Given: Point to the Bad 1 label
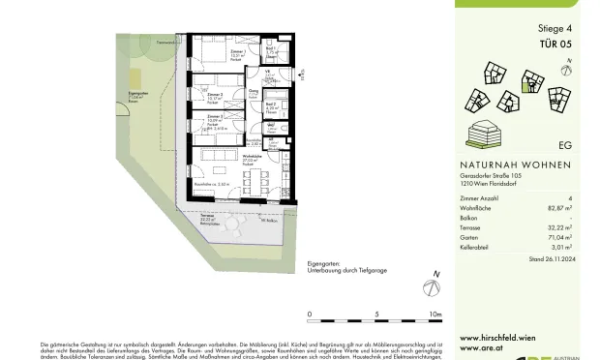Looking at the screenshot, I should [x=273, y=50].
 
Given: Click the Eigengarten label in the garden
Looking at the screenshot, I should [x=136, y=95].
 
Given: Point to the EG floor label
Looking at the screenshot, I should [x=564, y=146].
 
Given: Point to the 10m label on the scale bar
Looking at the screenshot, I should [x=435, y=315].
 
